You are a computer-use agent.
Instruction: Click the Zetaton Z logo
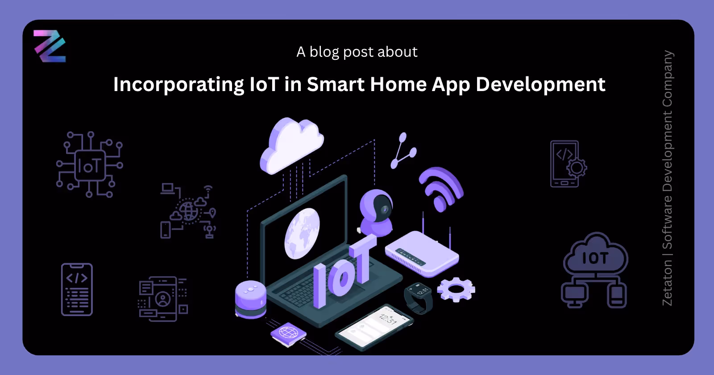point(50,46)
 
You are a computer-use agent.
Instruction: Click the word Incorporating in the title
point(178,84)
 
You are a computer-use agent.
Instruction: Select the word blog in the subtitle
point(324,52)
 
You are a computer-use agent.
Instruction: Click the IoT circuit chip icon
point(90,165)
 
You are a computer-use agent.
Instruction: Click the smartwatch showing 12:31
point(419,297)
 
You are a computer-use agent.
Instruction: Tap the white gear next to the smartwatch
point(456,289)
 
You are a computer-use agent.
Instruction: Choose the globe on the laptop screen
point(302,233)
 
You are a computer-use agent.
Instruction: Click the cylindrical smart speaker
point(250,299)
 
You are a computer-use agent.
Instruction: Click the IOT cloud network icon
point(595,270)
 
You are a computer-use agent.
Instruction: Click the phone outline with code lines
point(77,290)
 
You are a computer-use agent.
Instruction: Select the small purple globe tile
point(288,333)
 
